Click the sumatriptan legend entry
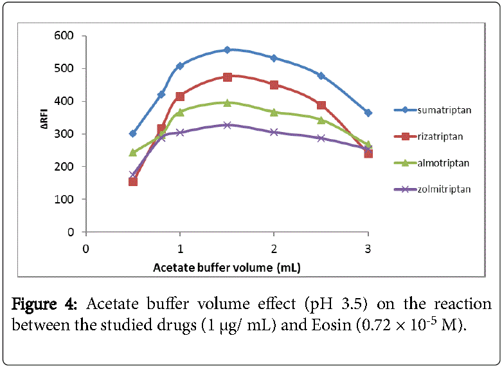pos(444,110)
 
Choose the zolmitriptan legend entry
pos(444,189)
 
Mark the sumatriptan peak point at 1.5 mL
pos(227,50)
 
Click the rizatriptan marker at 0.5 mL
pos(133,181)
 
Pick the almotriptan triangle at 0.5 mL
pos(133,153)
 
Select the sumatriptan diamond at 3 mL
pos(368,113)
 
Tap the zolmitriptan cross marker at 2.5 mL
pos(321,138)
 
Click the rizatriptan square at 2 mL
pos(274,85)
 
